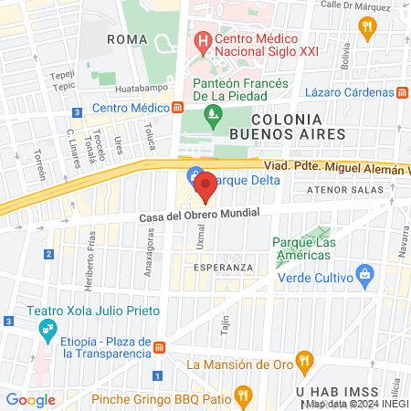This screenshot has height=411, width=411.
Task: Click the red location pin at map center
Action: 205,186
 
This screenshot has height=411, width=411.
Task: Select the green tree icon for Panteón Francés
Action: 214,113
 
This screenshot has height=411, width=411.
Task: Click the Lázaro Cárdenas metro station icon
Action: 402,92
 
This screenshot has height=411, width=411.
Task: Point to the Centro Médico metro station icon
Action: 176,108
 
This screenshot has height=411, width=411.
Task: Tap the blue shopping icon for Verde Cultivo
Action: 364,273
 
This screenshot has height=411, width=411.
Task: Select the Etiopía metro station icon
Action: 159,347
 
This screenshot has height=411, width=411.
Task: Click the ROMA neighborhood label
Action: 127,39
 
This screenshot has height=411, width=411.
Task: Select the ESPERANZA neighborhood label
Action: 223,267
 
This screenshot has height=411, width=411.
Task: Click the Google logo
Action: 31,399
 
